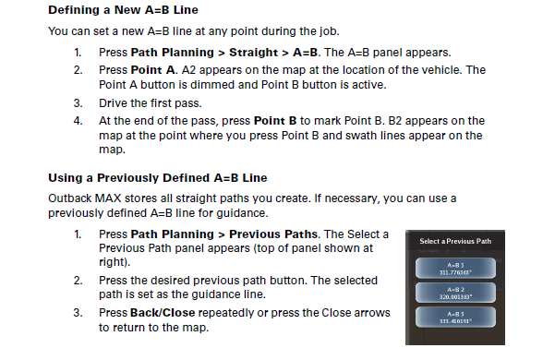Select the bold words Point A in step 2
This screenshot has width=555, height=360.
154,69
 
